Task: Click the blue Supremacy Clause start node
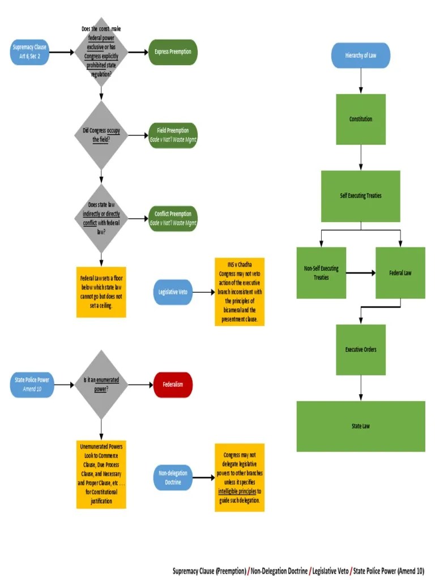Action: (29, 52)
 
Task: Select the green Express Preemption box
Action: (173, 52)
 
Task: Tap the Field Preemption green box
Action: (173, 135)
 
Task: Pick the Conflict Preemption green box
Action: (173, 218)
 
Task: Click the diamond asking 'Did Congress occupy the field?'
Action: (101, 135)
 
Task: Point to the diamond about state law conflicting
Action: (101, 218)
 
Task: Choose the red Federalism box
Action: (173, 385)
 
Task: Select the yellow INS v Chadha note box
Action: (239, 292)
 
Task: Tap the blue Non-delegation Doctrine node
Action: (173, 478)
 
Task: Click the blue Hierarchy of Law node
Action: (360, 56)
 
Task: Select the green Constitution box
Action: (360, 119)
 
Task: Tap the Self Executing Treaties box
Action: (360, 196)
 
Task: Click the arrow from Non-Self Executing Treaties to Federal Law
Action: (360, 273)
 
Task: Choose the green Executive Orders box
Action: (360, 349)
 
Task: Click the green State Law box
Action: (360, 426)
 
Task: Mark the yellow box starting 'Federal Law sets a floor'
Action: (101, 292)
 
